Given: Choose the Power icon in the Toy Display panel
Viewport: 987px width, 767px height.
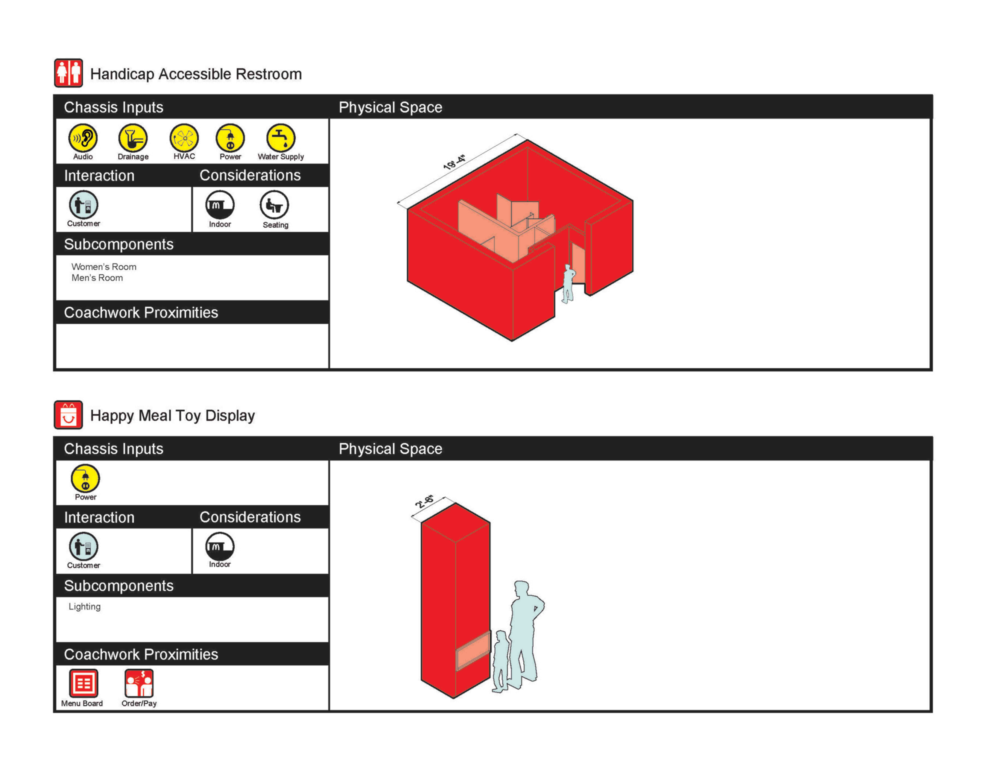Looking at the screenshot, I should point(85,478).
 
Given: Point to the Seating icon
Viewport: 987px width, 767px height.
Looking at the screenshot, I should point(274,205).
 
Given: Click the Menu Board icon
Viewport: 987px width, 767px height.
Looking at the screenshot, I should point(83,683).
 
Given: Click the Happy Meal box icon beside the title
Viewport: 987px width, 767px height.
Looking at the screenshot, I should point(68,415).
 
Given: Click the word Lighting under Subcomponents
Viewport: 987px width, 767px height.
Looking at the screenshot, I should point(85,607).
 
